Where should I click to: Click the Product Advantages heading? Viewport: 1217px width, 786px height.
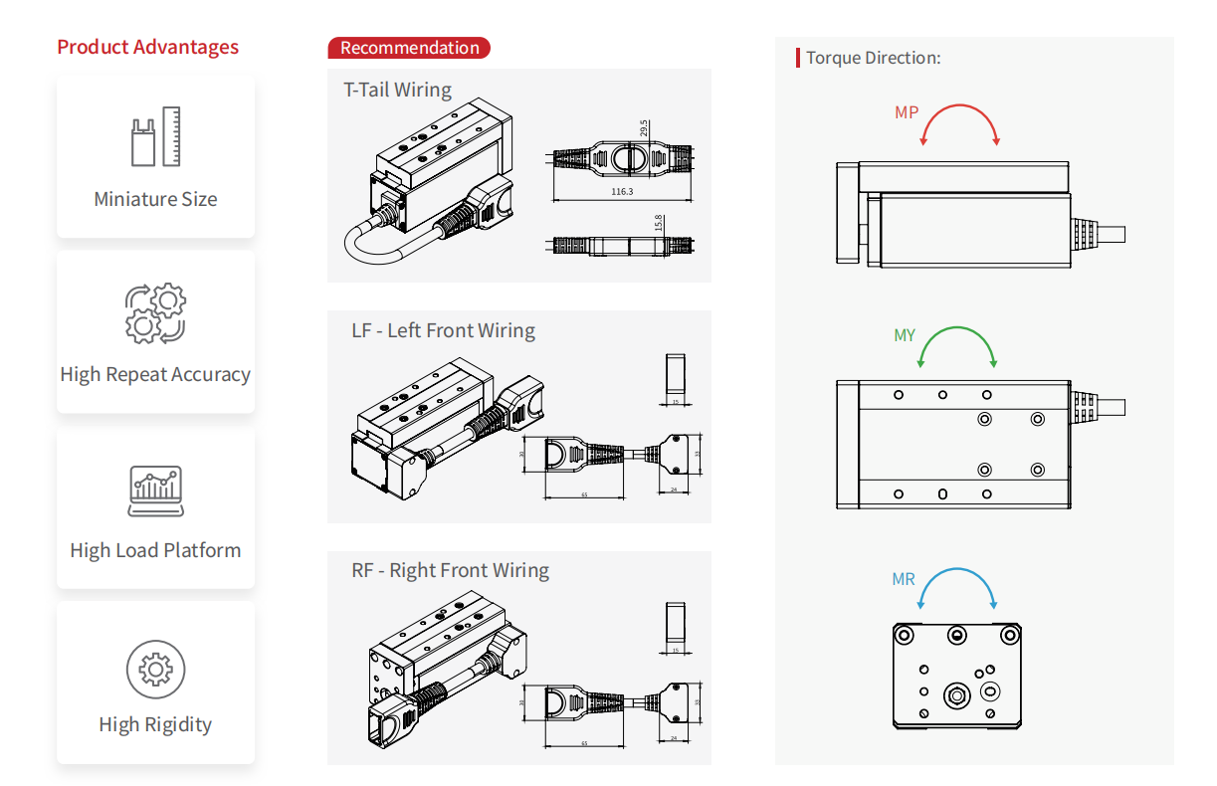tap(147, 47)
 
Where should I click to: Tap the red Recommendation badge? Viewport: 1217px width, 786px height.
tap(409, 48)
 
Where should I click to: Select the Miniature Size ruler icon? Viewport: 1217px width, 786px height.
tap(155, 136)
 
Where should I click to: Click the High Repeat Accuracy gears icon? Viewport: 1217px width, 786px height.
tap(155, 312)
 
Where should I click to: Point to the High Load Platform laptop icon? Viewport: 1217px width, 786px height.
tap(155, 491)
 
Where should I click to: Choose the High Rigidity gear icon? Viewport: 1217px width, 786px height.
tap(155, 670)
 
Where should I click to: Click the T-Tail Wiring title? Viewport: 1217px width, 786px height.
tap(397, 90)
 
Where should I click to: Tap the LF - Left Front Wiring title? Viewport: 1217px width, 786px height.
tap(443, 330)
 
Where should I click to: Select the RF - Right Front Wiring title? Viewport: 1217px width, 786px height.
tap(450, 571)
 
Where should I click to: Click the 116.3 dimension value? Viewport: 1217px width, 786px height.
tap(622, 191)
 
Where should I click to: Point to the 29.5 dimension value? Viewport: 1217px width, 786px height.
tap(644, 129)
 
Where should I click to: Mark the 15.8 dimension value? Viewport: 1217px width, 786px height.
tap(659, 223)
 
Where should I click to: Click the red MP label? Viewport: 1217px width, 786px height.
tap(906, 113)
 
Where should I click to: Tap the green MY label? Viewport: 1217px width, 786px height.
tap(904, 336)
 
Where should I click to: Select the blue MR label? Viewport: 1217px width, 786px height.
tap(903, 579)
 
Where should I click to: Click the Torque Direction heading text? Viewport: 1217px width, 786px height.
tap(873, 58)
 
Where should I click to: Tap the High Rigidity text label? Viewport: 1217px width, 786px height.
tap(155, 724)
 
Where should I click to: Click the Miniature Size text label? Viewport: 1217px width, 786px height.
tap(155, 199)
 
